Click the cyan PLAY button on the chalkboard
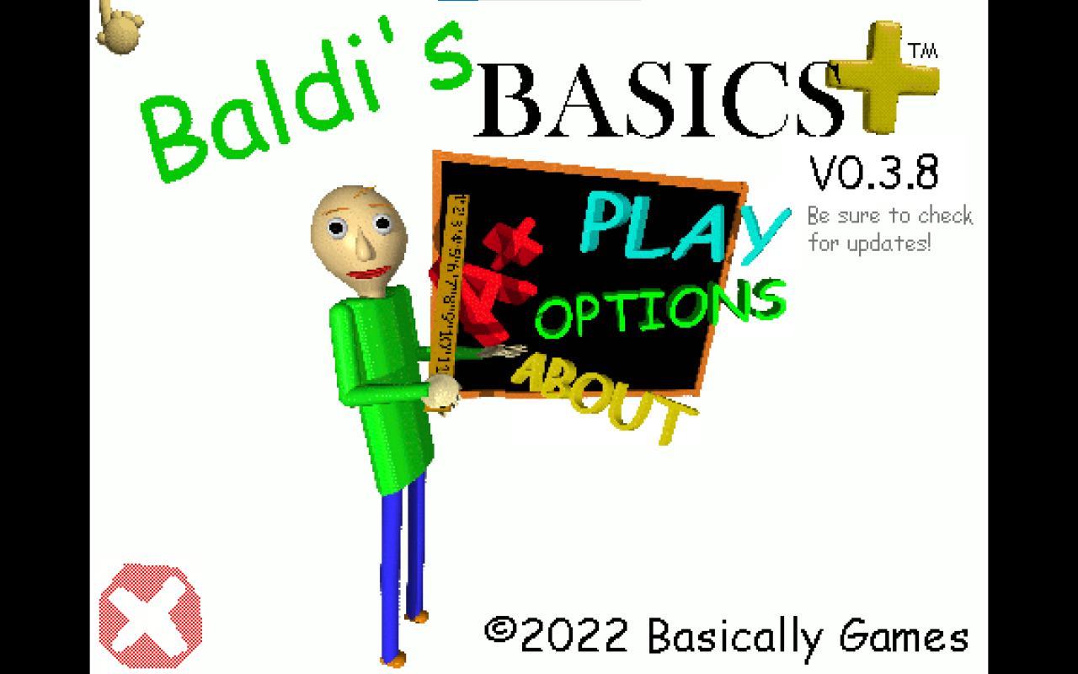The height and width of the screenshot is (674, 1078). [x=678, y=226]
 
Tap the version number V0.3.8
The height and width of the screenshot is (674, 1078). [x=873, y=174]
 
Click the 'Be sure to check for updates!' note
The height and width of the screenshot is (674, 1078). [x=889, y=229]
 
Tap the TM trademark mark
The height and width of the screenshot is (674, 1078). [x=923, y=51]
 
